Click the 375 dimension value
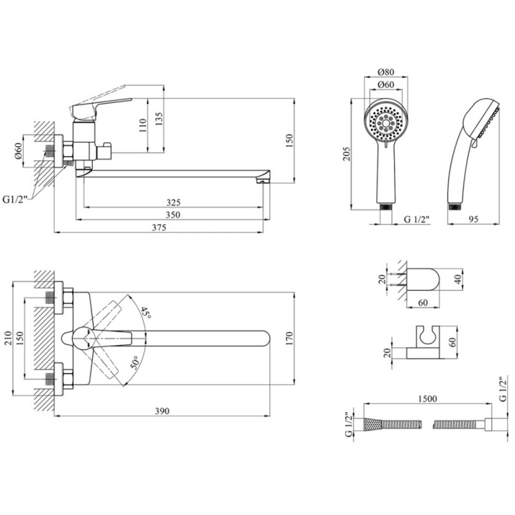[x=159, y=227]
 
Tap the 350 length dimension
[x=172, y=215]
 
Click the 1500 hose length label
[x=426, y=399]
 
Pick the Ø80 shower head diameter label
[x=386, y=71]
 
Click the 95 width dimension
[x=474, y=220]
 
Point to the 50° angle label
[x=136, y=361]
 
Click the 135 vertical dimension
[x=159, y=118]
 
